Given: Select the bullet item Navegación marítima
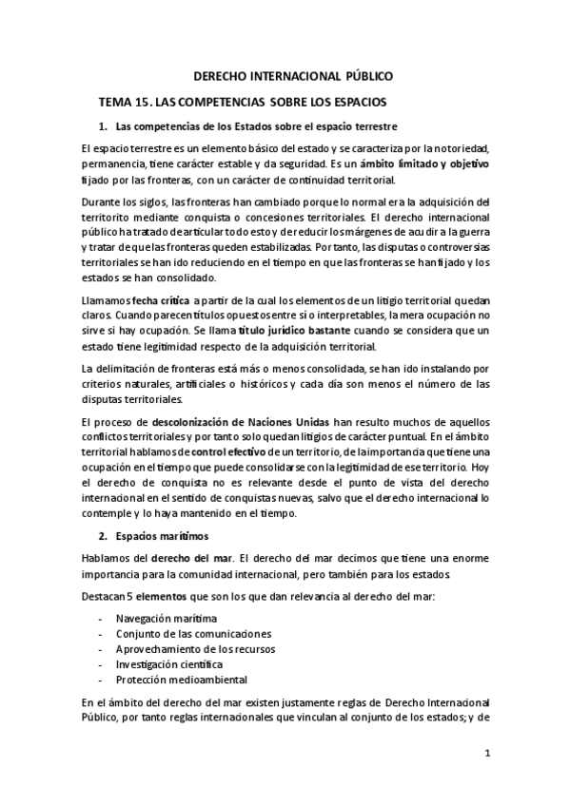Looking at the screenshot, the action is point(160,618).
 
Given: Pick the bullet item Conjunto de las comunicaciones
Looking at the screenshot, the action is point(180,633).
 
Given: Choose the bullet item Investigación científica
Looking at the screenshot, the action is point(169,663).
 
